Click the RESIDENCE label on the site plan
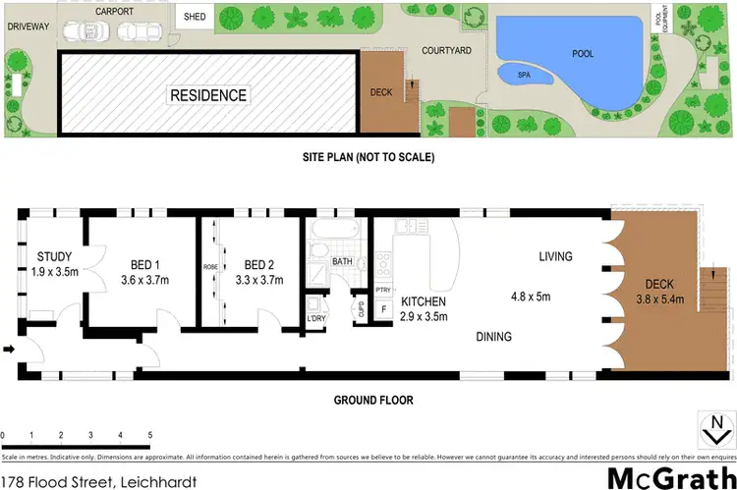208,95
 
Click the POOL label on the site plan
583,53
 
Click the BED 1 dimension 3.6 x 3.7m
143,280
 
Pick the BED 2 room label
259,264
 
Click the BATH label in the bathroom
342,262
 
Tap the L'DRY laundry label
316,319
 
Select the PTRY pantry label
383,291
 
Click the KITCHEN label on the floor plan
424,301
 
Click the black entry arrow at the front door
10,349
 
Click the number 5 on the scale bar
149,433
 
